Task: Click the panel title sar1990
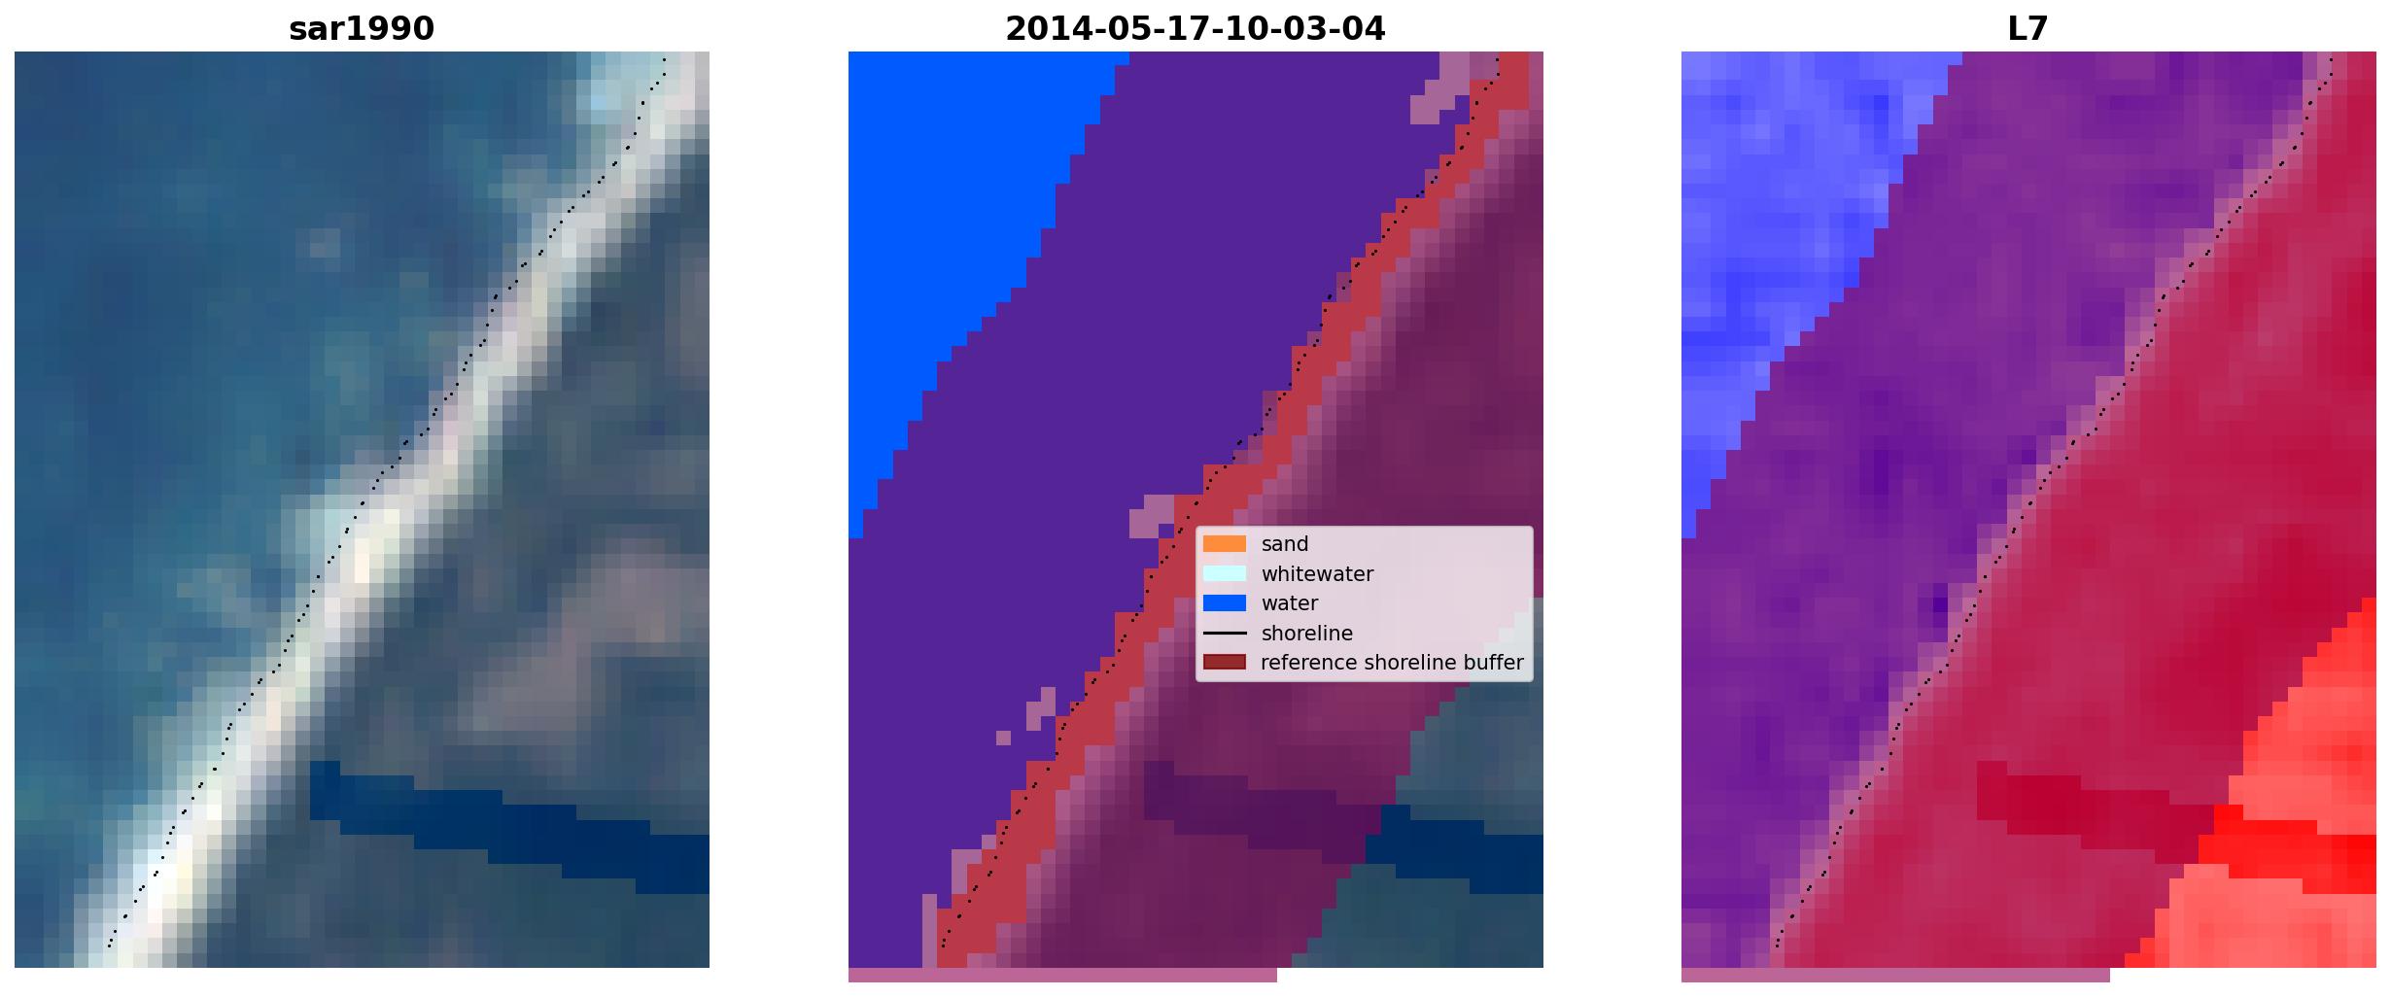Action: pyautogui.click(x=362, y=28)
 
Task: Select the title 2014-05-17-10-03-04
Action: pyautogui.click(x=1195, y=28)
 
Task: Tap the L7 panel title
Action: pyautogui.click(x=2028, y=28)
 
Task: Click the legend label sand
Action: pyautogui.click(x=1285, y=544)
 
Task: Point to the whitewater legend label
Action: pyautogui.click(x=1317, y=574)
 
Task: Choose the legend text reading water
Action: pyautogui.click(x=1290, y=603)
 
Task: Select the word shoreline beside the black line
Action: pyautogui.click(x=1307, y=634)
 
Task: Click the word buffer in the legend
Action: pyautogui.click(x=1494, y=663)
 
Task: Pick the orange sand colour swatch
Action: pyautogui.click(x=1225, y=544)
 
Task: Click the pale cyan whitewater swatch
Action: pyautogui.click(x=1225, y=574)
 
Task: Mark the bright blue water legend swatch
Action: pyautogui.click(x=1225, y=603)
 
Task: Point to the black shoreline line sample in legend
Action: pyautogui.click(x=1225, y=634)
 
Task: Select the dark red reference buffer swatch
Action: pyautogui.click(x=1225, y=663)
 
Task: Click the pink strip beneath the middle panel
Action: pyautogui.click(x=1062, y=975)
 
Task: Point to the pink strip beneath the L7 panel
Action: pyautogui.click(x=1895, y=975)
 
